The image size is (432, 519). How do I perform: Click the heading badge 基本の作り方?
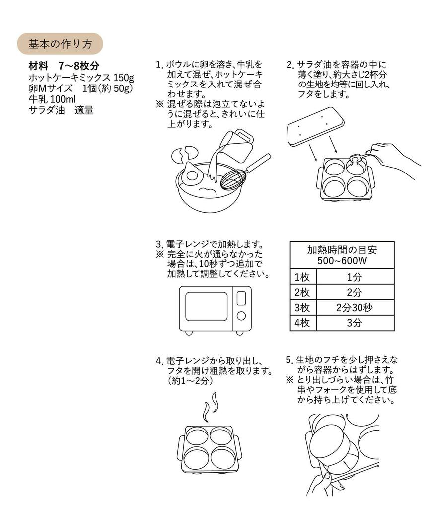(x=60, y=44)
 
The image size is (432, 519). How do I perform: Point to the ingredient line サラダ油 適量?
(x=61, y=111)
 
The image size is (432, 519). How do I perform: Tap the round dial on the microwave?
(x=241, y=316)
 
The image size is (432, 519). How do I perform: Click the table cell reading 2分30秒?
(x=354, y=308)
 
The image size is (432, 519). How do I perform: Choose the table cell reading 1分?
(x=354, y=277)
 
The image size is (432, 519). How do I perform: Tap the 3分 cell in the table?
(x=354, y=323)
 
